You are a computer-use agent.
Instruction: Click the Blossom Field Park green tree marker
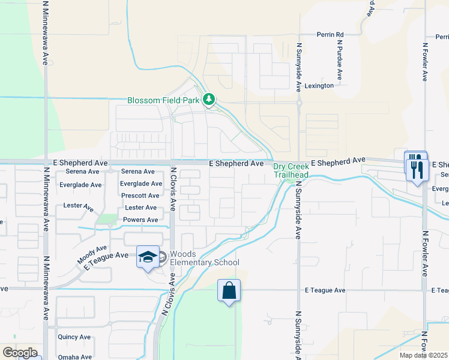[209, 99]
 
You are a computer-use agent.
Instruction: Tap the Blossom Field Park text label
[163, 100]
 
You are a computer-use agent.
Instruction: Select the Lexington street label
[319, 86]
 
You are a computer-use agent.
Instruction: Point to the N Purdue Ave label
[339, 60]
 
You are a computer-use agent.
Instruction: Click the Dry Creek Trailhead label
[291, 170]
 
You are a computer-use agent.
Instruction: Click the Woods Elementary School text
[204, 258]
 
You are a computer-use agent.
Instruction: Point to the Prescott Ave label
[140, 196]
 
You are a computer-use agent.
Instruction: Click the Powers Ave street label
[140, 220]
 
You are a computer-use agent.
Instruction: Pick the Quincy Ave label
[74, 337]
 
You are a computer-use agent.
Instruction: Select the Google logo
[20, 353]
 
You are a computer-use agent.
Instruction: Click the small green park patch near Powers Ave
[106, 220]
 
